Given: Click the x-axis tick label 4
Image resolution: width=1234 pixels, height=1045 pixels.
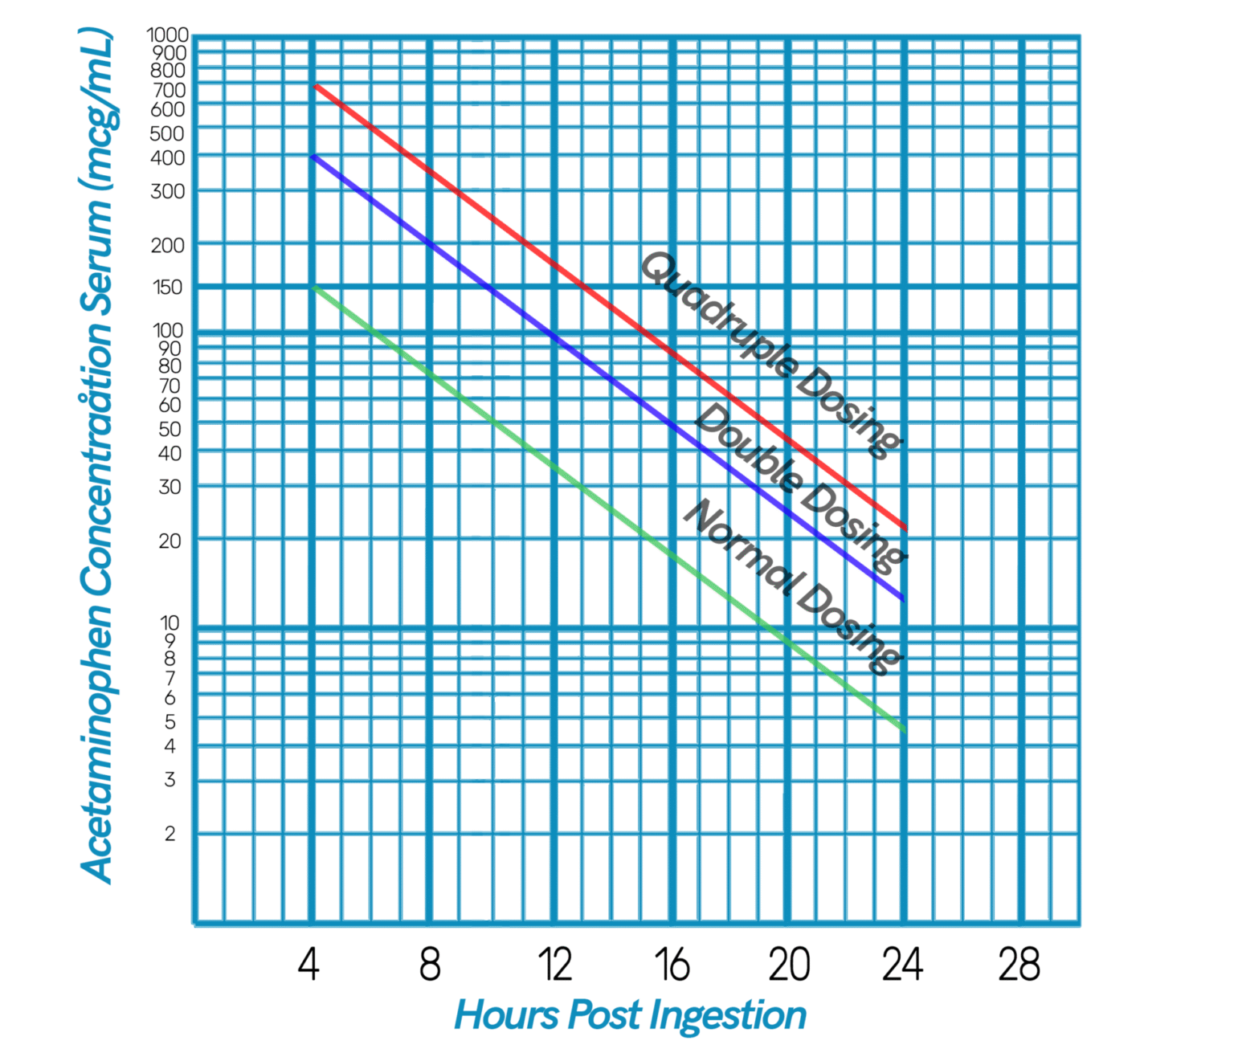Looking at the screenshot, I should [x=308, y=964].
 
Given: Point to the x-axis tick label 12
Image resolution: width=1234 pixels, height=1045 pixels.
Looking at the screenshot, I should [x=554, y=964].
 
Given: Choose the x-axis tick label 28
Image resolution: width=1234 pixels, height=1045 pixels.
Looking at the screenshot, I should [x=1019, y=964].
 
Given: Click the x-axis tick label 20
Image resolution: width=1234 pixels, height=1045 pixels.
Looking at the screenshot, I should [x=789, y=964].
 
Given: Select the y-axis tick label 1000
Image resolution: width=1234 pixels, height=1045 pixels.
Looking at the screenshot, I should [x=167, y=35].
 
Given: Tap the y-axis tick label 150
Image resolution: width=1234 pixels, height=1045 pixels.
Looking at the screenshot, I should [x=167, y=287].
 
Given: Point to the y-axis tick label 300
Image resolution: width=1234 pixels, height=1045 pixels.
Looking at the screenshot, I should [x=167, y=191].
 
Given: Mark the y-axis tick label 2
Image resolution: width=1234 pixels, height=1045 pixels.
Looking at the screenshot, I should [x=170, y=834].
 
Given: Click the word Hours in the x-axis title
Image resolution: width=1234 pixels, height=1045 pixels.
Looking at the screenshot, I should [x=508, y=1014].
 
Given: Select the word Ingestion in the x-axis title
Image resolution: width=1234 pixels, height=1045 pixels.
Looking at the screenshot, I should [x=727, y=1016].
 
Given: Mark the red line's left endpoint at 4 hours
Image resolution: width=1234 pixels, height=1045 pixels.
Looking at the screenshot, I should [x=316, y=85].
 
